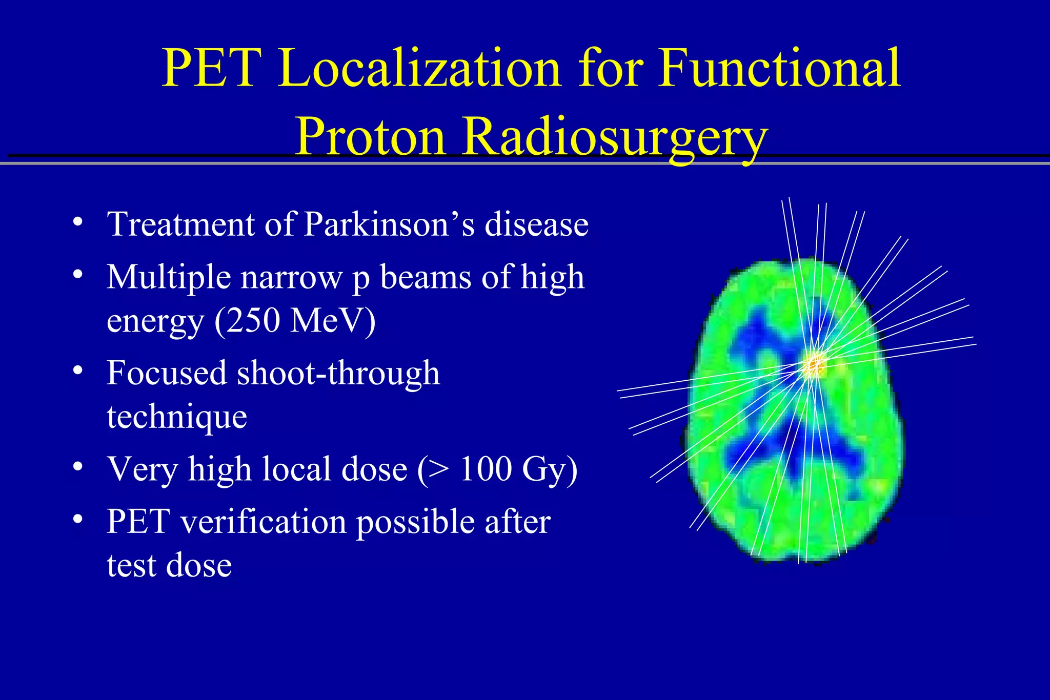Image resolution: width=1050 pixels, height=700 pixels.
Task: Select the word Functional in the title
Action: (779, 68)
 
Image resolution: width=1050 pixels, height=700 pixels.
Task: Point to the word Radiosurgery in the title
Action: (615, 136)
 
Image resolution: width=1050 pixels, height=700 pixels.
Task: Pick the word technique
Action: (177, 416)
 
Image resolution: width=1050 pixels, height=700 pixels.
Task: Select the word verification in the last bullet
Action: (262, 522)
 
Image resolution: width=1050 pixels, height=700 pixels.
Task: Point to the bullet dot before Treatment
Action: (77, 222)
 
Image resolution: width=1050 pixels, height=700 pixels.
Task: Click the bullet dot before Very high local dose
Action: (77, 466)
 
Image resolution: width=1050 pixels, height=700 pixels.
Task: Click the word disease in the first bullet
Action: (536, 224)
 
